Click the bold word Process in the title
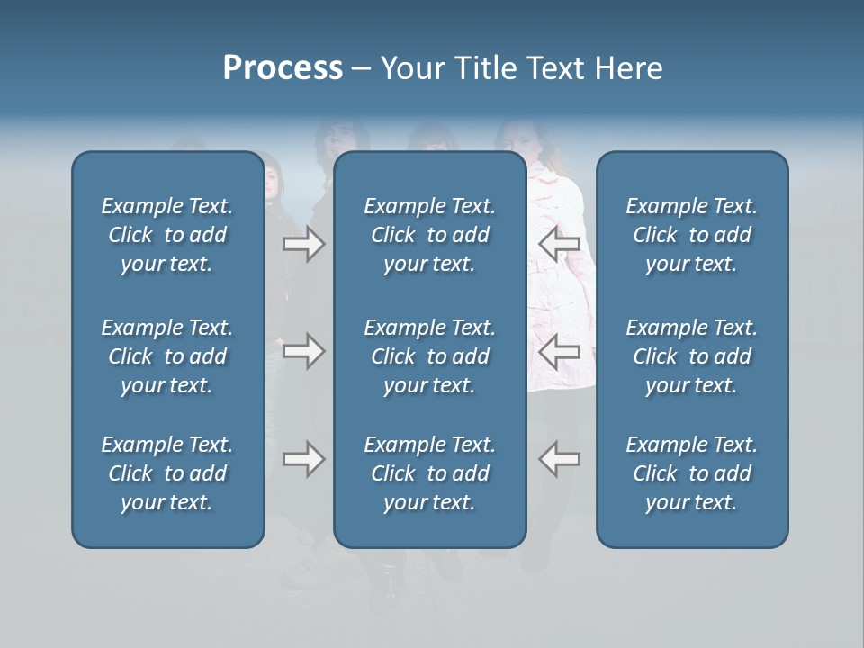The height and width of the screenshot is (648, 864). tap(283, 68)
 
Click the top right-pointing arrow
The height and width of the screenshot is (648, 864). tap(303, 244)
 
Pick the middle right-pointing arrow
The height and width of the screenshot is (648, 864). tap(303, 351)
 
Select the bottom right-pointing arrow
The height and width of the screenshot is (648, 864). tap(303, 459)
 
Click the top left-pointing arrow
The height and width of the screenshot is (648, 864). tap(559, 244)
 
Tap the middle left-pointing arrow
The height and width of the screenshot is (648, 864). tap(559, 351)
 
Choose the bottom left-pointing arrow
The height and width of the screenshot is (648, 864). tap(559, 459)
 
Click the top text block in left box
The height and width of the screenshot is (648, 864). tap(167, 235)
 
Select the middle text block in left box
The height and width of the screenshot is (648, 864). tap(167, 356)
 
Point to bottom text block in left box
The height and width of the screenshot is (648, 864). tap(167, 473)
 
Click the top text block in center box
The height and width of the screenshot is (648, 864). tap(429, 235)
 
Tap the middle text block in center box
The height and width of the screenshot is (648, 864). tap(429, 356)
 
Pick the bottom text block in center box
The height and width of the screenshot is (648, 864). tap(429, 473)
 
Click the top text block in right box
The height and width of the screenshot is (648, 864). tap(691, 235)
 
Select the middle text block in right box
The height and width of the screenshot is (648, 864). tap(691, 356)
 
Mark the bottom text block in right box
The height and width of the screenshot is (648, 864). tap(691, 473)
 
